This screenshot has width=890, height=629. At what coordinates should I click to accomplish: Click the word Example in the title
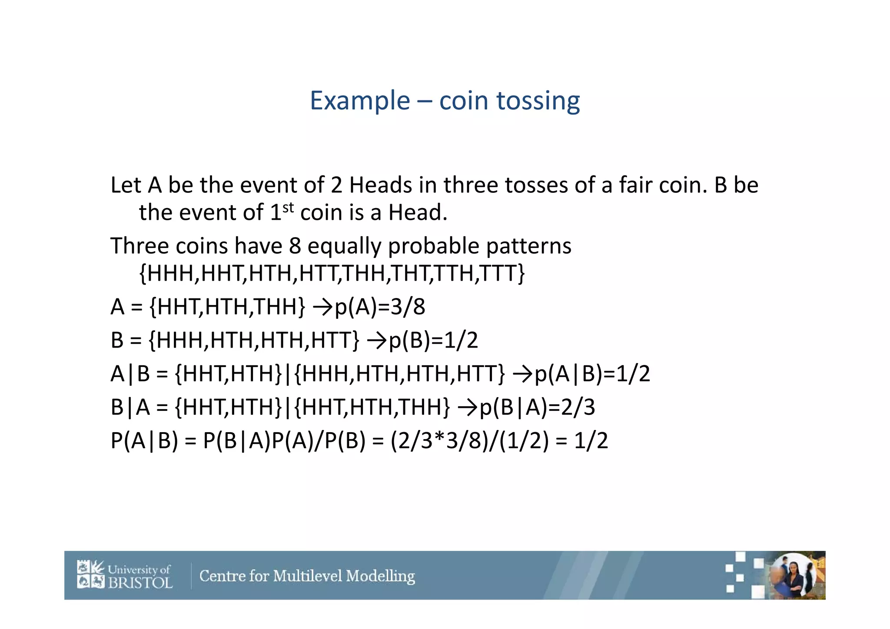[x=360, y=101]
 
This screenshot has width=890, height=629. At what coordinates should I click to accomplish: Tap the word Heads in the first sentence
[x=380, y=185]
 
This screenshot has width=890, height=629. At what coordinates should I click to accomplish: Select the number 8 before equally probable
[x=295, y=246]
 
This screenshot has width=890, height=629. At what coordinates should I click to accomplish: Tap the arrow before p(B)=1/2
[x=376, y=340]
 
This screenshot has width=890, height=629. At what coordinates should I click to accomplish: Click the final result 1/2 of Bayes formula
[x=591, y=441]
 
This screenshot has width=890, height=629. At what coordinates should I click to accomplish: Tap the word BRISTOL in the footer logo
[x=140, y=583]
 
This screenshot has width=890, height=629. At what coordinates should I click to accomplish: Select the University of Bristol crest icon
[x=91, y=574]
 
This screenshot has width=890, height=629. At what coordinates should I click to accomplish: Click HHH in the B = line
[x=181, y=340]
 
